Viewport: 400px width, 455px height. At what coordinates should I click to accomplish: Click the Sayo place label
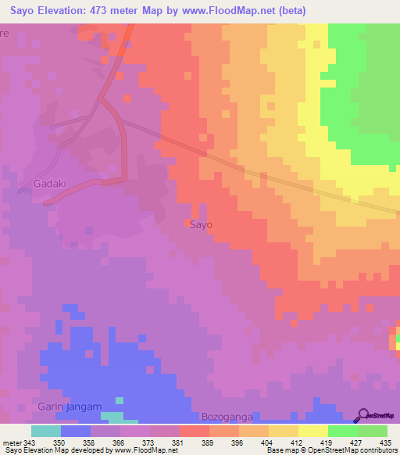201,224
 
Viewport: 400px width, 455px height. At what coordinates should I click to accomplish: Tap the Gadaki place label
51,184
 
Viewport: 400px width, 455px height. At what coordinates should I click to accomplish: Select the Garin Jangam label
70,407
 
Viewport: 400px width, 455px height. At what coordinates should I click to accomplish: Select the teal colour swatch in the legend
46,431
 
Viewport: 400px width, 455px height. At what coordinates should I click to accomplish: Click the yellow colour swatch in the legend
313,431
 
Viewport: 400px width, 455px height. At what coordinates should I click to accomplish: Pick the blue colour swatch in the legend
76,431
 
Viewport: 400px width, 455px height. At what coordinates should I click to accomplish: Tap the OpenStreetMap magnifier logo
364,415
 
